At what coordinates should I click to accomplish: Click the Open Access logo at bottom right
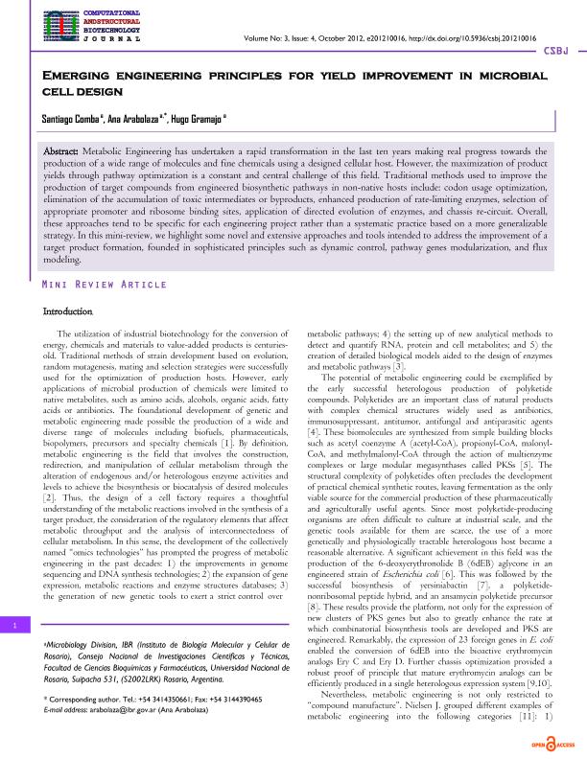[553, 744]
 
